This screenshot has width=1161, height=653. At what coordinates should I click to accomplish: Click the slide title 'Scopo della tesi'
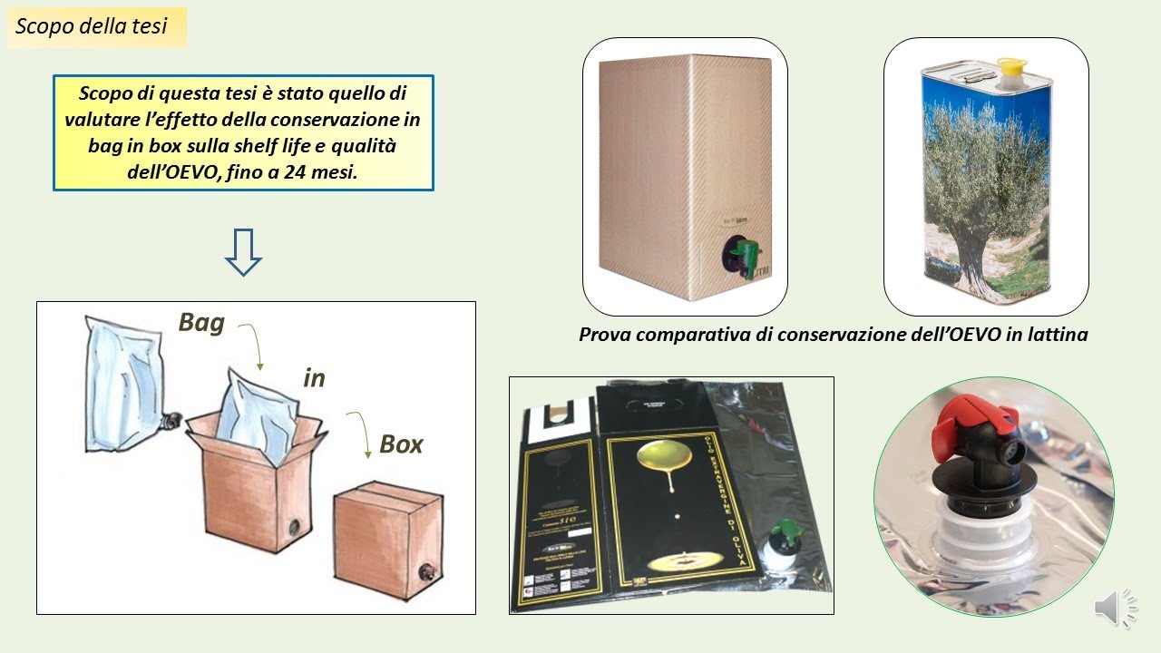pyautogui.click(x=92, y=26)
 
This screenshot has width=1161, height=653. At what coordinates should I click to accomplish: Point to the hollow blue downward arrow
pyautogui.click(x=243, y=252)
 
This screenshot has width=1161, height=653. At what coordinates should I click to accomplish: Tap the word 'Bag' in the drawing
pyautogui.click(x=201, y=323)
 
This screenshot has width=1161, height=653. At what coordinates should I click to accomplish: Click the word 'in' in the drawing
pyautogui.click(x=314, y=378)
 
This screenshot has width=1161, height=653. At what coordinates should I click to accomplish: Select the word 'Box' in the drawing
pyautogui.click(x=401, y=444)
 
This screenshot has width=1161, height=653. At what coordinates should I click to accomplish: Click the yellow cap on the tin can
pyautogui.click(x=1010, y=67)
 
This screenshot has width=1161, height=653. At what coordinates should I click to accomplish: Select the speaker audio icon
pyautogui.click(x=1114, y=607)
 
